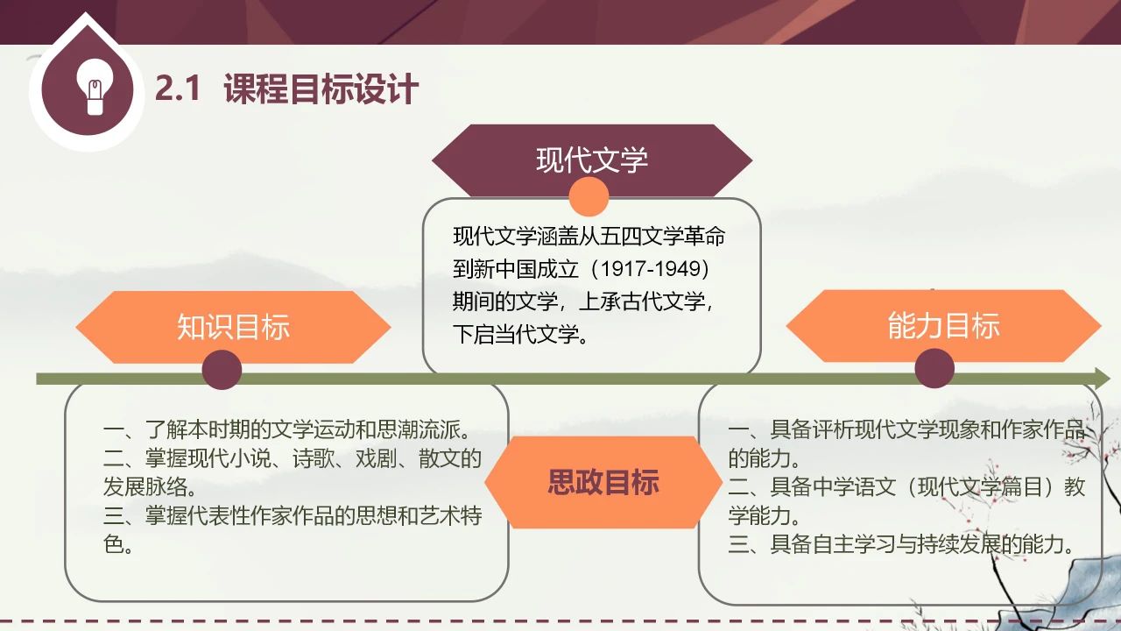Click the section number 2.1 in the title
pyautogui.click(x=178, y=89)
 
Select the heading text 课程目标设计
pyautogui.click(x=321, y=89)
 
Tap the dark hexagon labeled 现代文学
pyautogui.click(x=592, y=160)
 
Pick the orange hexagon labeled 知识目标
pyautogui.click(x=233, y=327)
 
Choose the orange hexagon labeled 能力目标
pyautogui.click(x=944, y=325)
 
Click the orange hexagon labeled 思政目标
pyautogui.click(x=603, y=482)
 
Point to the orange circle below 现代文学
pyautogui.click(x=589, y=196)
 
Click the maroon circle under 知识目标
pyautogui.click(x=222, y=370)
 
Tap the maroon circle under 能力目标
pyautogui.click(x=934, y=369)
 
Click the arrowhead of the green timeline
pyautogui.click(x=1102, y=378)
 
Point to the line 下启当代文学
pyautogui.click(x=521, y=334)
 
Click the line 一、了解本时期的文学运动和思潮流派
pyautogui.click(x=288, y=429)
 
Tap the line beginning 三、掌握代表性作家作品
pyautogui.click(x=293, y=515)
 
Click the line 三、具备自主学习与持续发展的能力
pyautogui.click(x=901, y=544)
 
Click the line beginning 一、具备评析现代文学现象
pyautogui.click(x=906, y=429)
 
